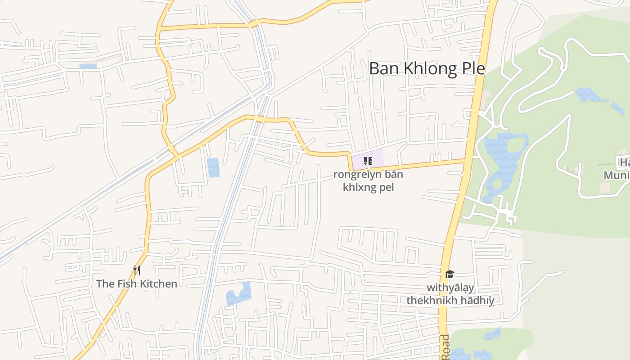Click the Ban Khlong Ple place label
pyautogui.click(x=427, y=69)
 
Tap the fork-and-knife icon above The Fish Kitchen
pyautogui.click(x=137, y=270)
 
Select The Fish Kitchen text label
pyautogui.click(x=137, y=283)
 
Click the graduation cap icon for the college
pyautogui.click(x=449, y=274)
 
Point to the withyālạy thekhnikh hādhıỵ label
pyautogui.click(x=450, y=294)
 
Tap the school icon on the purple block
pyautogui.click(x=368, y=161)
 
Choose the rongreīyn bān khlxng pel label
pyautogui.click(x=368, y=180)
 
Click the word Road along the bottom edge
pyautogui.click(x=445, y=347)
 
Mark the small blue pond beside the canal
pyautogui.click(x=213, y=167)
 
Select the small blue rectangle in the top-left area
pyautogui.click(x=88, y=67)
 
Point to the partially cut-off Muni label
pyautogui.click(x=616, y=175)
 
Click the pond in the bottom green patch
pyautogui.click(x=493, y=334)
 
